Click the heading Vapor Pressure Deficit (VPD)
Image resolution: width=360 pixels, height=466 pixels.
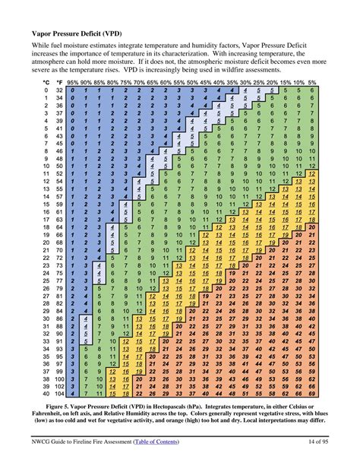[84, 34]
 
